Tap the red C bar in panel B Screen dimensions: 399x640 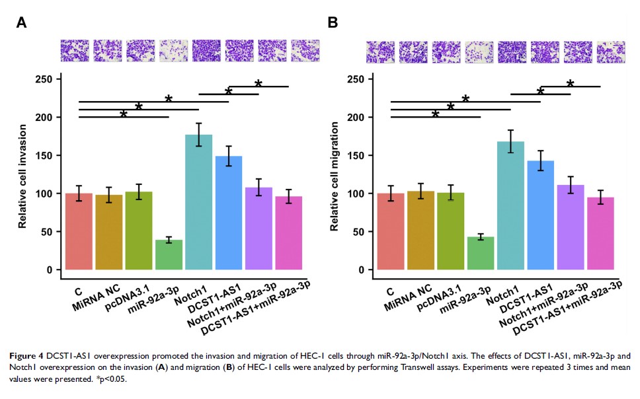coord(390,231)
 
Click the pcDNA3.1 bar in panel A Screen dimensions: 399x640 coord(138,231)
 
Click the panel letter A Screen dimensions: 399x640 coord(21,22)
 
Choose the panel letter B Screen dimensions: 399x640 coord(333,22)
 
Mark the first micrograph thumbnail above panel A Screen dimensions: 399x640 coord(74,50)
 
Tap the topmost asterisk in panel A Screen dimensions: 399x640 coord(259,84)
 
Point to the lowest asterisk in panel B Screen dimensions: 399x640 coord(435,115)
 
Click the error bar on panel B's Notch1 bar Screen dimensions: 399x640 coord(510,141)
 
